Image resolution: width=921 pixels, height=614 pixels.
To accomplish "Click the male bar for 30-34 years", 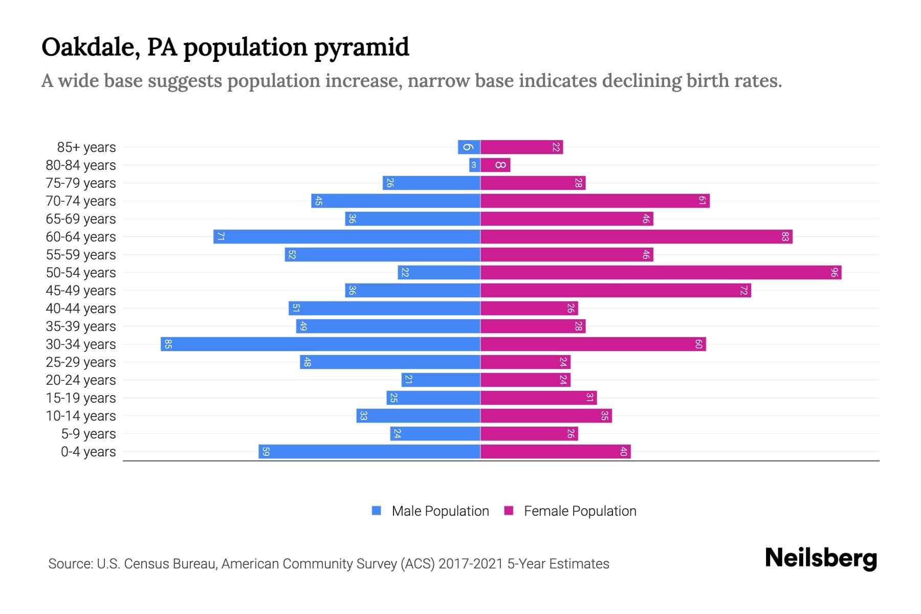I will click(320, 344).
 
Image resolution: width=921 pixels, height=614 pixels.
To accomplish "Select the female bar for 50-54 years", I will click(660, 272).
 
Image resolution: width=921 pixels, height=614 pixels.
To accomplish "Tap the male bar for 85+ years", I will click(469, 147).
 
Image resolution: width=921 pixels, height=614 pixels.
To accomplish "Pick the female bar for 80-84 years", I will click(495, 165).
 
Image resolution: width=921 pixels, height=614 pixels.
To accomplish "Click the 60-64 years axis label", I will click(81, 236).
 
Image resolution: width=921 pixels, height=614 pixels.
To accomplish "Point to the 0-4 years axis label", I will click(88, 451).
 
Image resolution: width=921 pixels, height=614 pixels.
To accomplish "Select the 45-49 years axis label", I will click(81, 290).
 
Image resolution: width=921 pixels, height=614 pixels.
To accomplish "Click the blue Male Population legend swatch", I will click(377, 511).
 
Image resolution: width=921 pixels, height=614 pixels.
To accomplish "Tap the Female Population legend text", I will click(580, 511).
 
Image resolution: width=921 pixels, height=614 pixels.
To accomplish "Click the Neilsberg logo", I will click(821, 558).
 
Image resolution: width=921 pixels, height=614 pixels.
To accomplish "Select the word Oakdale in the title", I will click(90, 47).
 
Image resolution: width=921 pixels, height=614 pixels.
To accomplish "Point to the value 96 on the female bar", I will click(834, 272).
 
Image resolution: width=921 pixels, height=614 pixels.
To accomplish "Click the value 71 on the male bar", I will click(221, 236).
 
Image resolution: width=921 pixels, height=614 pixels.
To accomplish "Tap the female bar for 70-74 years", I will click(595, 201).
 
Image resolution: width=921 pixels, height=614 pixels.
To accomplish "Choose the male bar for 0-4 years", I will click(369, 451).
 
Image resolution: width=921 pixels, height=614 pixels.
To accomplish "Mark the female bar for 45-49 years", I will click(616, 290).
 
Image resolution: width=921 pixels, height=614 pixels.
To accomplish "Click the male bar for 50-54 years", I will click(439, 272).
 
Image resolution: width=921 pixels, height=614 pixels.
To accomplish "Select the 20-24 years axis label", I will click(81, 380).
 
